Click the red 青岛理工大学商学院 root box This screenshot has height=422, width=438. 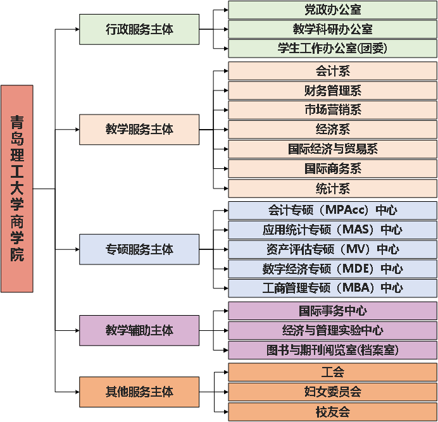coord(16,189)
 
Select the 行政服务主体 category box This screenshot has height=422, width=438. coord(139,30)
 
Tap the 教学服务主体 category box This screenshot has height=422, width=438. coord(139,129)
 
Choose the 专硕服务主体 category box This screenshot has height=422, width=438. coord(139,249)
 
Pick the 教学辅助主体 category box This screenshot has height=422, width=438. coord(139,330)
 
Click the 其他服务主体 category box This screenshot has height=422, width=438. coord(139,392)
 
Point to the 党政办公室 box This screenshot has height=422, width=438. coord(332,9)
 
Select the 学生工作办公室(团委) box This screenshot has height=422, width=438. coord(332,48)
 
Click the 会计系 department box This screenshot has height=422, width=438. coord(332,71)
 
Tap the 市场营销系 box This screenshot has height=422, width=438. coord(332,110)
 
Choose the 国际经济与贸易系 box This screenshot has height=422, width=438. coord(332,149)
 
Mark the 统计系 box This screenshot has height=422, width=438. coord(332,189)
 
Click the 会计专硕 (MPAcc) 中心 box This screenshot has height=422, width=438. coord(332,210)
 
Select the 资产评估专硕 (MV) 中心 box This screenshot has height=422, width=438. coord(332,249)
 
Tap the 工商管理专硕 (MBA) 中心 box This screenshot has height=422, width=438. coord(332,288)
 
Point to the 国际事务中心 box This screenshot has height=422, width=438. coord(332,311)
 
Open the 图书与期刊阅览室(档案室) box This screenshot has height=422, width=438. coord(332,350)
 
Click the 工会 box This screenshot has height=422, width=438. coord(332,372)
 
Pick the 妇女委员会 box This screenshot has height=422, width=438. coord(332,392)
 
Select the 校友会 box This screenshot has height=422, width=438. coord(332,412)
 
